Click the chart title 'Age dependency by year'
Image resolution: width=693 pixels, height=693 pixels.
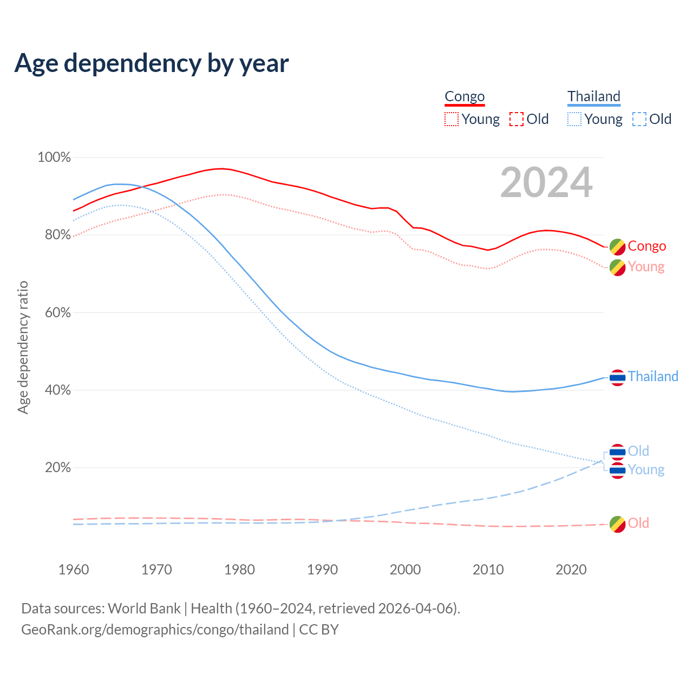(x=152, y=63)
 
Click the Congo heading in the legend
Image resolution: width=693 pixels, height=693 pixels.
(x=465, y=97)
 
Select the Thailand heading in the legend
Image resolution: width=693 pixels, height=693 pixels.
(x=593, y=97)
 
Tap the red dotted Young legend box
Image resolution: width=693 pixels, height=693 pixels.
(x=452, y=119)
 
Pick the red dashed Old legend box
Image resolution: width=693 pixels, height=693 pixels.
(x=517, y=119)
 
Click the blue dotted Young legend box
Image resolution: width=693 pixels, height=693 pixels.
(x=574, y=119)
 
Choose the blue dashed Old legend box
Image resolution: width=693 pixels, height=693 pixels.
(x=639, y=119)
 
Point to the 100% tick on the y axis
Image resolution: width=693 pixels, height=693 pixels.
(x=54, y=158)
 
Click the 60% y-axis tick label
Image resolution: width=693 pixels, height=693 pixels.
(x=57, y=313)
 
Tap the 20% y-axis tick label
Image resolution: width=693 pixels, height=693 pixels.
(x=57, y=468)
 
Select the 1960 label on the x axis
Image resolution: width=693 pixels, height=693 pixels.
(x=74, y=570)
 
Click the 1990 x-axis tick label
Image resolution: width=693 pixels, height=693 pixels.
(x=323, y=570)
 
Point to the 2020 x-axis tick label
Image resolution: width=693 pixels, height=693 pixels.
(x=571, y=570)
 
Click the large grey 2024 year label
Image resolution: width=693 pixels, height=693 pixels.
(x=546, y=182)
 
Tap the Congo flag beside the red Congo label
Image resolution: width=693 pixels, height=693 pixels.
(x=617, y=247)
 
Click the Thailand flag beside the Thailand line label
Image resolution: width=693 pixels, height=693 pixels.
(x=617, y=377)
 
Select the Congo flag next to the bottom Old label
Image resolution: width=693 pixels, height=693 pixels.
(x=617, y=524)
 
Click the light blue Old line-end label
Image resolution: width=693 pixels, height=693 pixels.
(x=638, y=451)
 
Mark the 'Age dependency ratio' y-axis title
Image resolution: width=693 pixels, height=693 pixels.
(x=23, y=347)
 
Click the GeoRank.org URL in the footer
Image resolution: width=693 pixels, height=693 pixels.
(x=155, y=630)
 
